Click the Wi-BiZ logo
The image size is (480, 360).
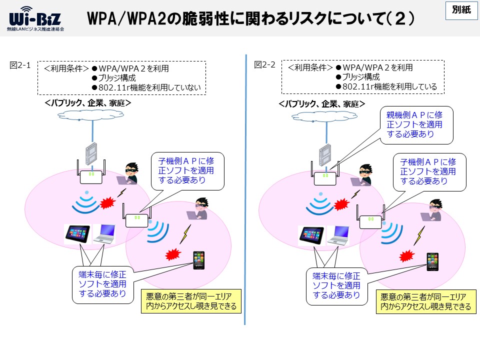(x=35, y=19)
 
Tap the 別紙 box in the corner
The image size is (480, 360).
(x=461, y=10)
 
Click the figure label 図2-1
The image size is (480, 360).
(x=20, y=65)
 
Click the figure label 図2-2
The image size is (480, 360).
(x=265, y=64)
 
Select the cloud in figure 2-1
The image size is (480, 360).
(x=91, y=115)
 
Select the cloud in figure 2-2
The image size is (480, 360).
(x=324, y=116)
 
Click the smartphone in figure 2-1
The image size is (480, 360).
(x=199, y=260)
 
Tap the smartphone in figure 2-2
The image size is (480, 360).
(x=432, y=261)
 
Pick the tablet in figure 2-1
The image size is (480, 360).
(x=78, y=234)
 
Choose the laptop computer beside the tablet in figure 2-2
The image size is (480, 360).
(x=338, y=235)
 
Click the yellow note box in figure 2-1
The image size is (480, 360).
(x=191, y=301)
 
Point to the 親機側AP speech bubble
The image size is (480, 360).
(x=416, y=125)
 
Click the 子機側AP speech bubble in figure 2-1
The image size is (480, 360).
(x=187, y=171)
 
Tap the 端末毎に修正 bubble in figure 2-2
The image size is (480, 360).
(x=336, y=286)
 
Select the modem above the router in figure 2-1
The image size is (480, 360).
(x=91, y=154)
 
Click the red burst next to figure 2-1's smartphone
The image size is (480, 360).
(x=173, y=254)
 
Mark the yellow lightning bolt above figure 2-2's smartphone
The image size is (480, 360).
(x=419, y=235)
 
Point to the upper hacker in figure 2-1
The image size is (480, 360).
(x=128, y=173)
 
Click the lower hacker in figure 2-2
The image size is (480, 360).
(x=432, y=210)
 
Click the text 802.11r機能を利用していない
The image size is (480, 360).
(x=149, y=87)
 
